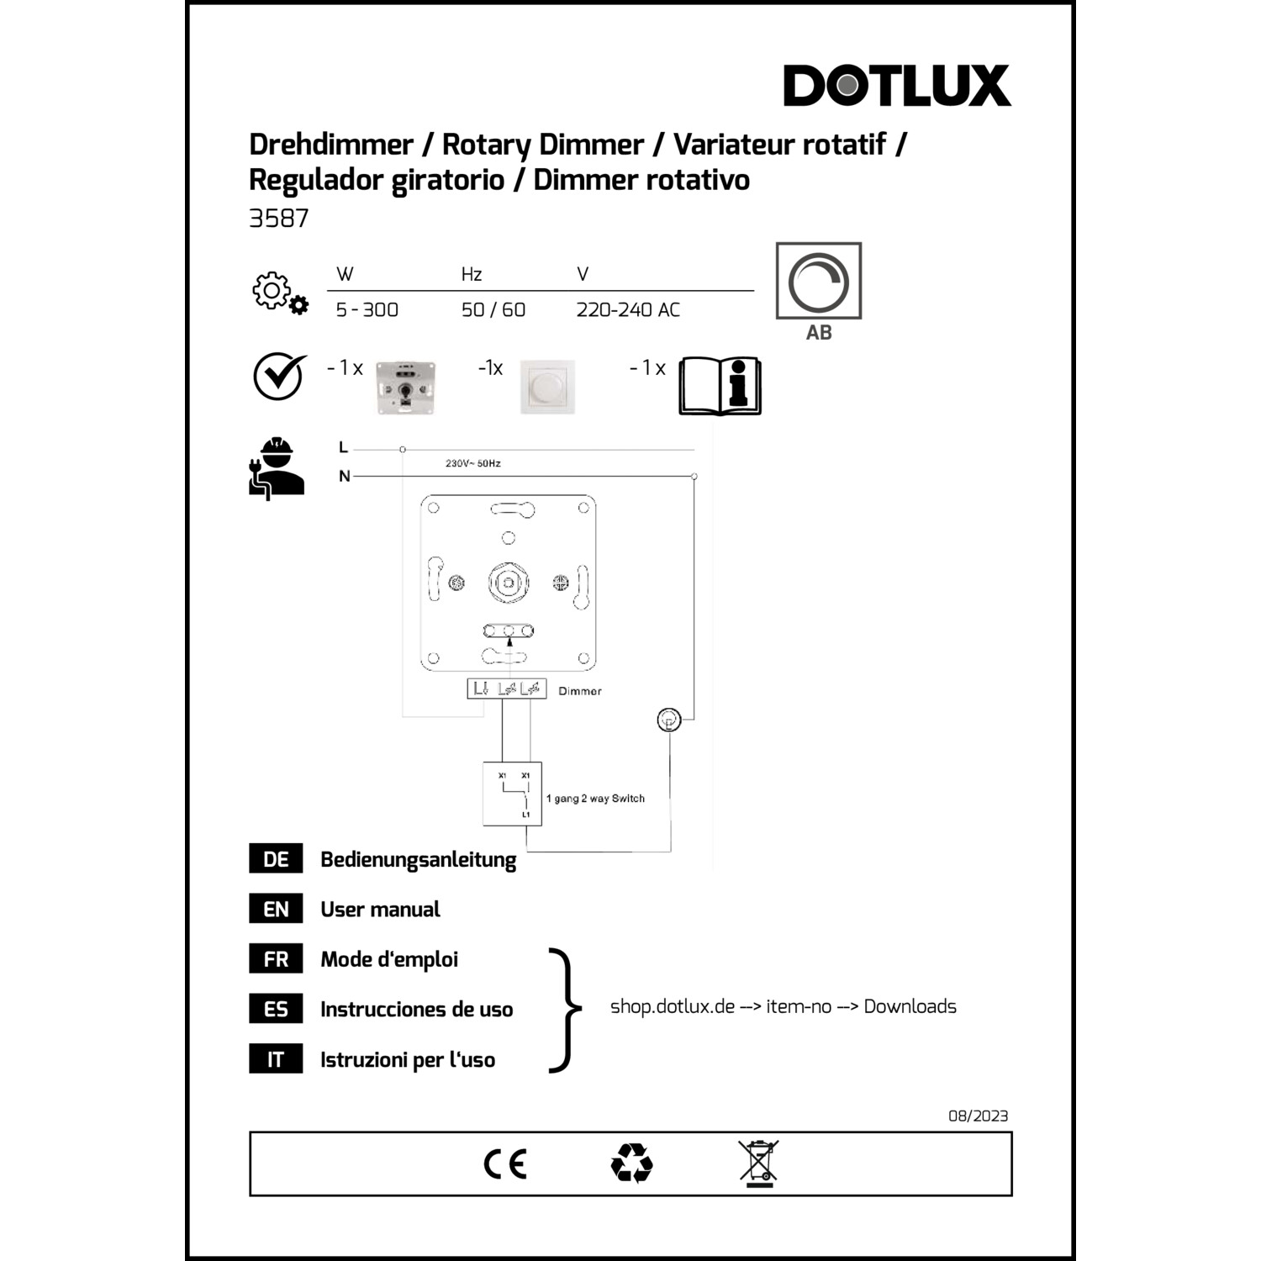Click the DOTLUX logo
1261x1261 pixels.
pos(897,85)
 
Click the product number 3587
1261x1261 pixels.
pos(279,219)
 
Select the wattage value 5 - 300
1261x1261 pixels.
pos(367,310)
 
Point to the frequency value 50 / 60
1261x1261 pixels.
pos(493,310)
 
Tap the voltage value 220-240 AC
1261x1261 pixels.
pos(628,310)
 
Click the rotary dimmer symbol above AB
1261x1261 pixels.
pos(819,281)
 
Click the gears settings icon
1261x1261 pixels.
pos(281,293)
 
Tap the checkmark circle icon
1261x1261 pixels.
pos(279,376)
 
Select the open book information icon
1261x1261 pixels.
pos(720,386)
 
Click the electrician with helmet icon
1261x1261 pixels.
pos(277,468)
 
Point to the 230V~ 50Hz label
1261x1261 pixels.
pos(473,463)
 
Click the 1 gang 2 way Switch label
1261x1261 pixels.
pos(595,799)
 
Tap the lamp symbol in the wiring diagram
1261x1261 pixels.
pos(668,720)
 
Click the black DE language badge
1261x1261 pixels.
pos(276,859)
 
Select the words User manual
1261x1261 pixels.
pos(380,910)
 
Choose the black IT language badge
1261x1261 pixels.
pos(276,1059)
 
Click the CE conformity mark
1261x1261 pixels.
pos(505,1164)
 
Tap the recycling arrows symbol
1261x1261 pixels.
pos(632,1163)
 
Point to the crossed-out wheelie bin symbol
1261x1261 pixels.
pos(759,1163)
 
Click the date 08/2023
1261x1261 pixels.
pos(979,1116)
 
